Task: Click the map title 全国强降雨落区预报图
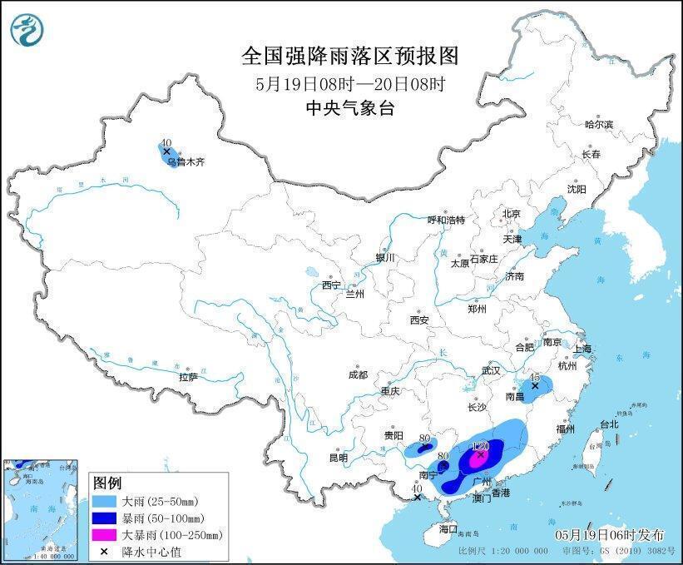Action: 349,56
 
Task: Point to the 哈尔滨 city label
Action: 598,124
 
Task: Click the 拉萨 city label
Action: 188,377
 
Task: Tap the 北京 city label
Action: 511,214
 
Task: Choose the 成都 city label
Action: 359,374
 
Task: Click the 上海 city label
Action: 582,349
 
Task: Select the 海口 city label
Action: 448,528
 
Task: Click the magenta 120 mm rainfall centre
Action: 480,454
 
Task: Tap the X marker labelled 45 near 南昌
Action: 536,385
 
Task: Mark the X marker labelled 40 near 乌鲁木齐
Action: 166,151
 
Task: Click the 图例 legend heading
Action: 107,483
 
